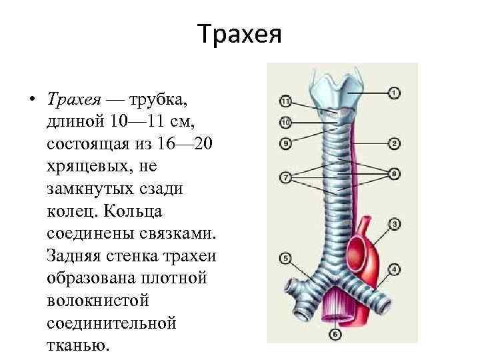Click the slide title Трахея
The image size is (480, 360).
pos(240,33)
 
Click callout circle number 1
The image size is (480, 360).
pos(395,93)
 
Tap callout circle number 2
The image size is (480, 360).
pos(395,143)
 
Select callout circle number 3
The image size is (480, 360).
pos(395,224)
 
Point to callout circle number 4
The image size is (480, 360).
pos(395,269)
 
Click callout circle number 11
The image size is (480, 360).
pos(286,102)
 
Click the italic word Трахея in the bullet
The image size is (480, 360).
pos(73,99)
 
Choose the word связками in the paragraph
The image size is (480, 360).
pos(171,234)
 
